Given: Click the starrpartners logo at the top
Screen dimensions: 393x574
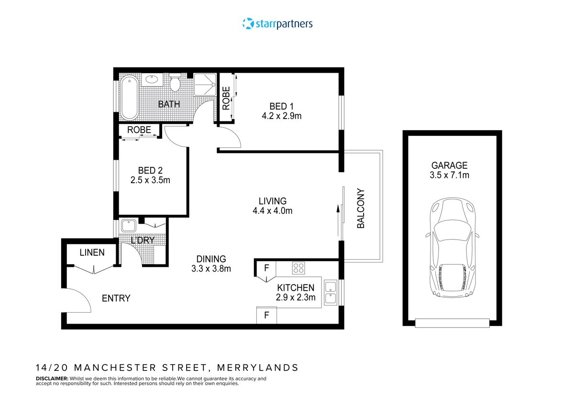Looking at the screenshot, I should pyautogui.click(x=277, y=23).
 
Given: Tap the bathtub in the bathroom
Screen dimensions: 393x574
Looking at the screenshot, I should pyautogui.click(x=129, y=98).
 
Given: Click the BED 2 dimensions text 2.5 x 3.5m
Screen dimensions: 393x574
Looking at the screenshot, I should pyautogui.click(x=150, y=180).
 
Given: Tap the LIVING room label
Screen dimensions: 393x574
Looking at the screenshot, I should pyautogui.click(x=273, y=201).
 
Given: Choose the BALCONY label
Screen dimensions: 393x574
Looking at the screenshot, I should pyautogui.click(x=361, y=209).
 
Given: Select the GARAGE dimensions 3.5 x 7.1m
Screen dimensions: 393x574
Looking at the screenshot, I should pyautogui.click(x=449, y=175).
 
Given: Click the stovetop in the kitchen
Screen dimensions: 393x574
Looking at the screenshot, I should pyautogui.click(x=299, y=268).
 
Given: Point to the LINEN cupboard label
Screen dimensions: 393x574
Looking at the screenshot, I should pyautogui.click(x=92, y=252).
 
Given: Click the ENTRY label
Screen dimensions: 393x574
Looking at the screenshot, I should pyautogui.click(x=116, y=298).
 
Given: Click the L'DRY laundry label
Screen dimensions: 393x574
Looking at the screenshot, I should pyautogui.click(x=143, y=240).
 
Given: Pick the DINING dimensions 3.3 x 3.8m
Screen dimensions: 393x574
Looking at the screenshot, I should pyautogui.click(x=211, y=269).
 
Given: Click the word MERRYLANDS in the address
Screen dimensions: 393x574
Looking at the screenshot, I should pyautogui.click(x=258, y=368).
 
